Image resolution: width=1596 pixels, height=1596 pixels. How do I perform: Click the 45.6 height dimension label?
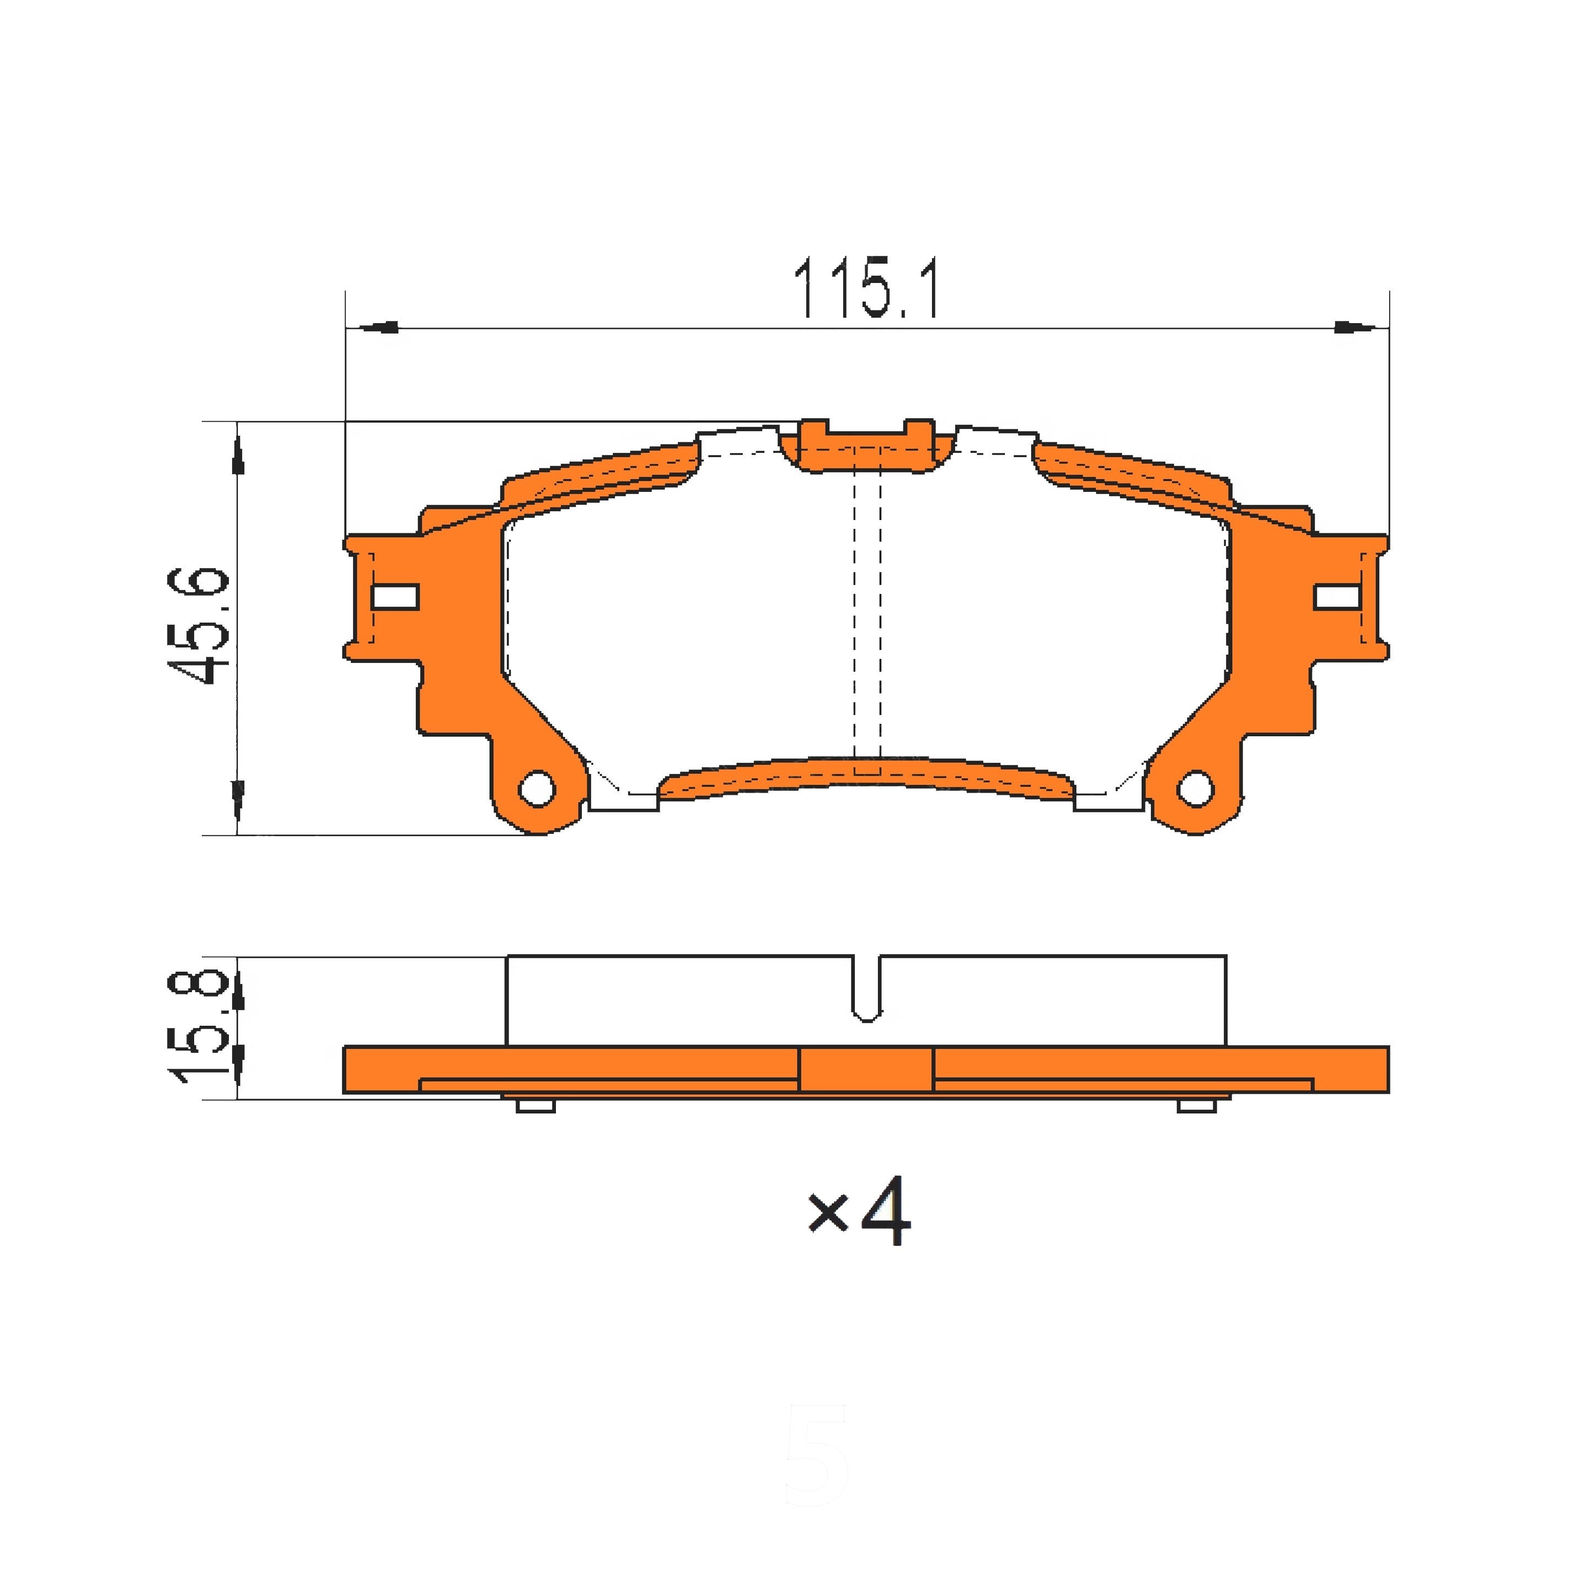point(197,626)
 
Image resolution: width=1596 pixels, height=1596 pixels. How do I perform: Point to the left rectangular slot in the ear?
point(396,597)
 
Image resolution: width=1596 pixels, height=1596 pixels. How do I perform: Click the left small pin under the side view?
point(535,1105)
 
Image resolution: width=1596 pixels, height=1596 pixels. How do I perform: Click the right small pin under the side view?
point(1196,1105)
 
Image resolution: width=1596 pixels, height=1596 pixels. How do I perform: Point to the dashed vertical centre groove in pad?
point(866,611)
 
